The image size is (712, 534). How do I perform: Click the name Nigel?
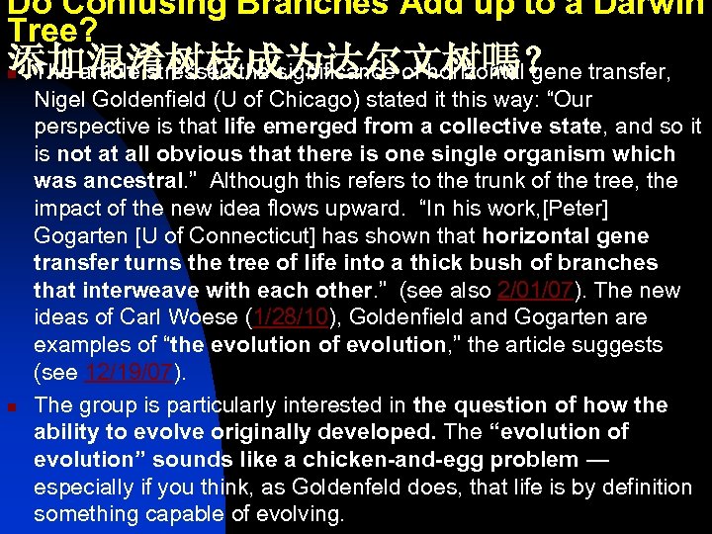click(x=61, y=99)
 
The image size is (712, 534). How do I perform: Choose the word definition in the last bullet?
click(x=636, y=487)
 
